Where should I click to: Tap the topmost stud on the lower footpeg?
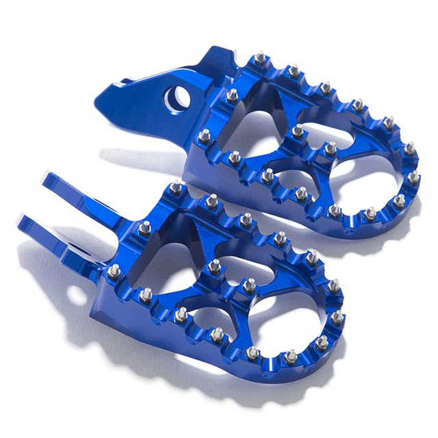[x=176, y=188]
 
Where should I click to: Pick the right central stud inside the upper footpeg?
[x=330, y=147]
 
